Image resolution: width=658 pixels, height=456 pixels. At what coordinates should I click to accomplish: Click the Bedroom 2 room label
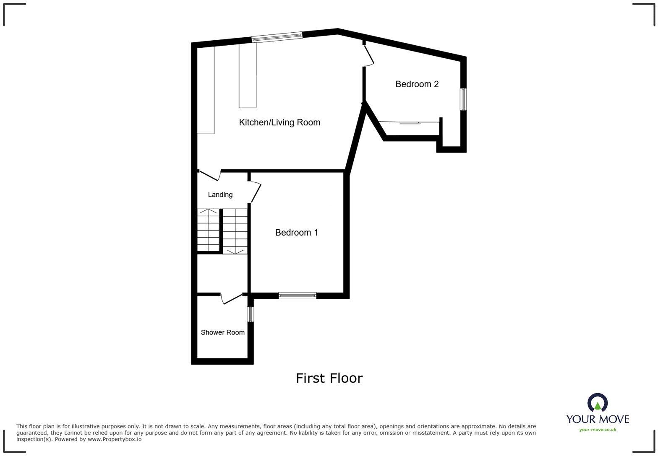(417, 84)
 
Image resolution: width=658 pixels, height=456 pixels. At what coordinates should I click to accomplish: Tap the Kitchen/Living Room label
(279, 122)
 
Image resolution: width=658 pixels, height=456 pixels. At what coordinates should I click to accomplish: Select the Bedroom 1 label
(296, 233)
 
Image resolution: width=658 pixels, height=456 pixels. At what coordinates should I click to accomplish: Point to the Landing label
(220, 194)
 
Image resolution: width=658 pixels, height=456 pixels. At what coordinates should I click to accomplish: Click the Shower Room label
(222, 332)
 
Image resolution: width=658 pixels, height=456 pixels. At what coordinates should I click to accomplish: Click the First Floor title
(329, 378)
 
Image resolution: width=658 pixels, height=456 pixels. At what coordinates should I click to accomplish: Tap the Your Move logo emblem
(597, 403)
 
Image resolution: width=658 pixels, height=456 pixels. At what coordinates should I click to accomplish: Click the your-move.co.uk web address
(598, 430)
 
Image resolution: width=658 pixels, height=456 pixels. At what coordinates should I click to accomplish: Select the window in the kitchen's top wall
(277, 37)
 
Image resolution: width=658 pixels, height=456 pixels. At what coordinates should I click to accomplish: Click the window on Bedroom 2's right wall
(463, 99)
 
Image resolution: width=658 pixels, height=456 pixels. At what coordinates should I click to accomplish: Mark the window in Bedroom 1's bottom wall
(297, 295)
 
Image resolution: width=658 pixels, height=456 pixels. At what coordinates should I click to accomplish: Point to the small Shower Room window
(250, 314)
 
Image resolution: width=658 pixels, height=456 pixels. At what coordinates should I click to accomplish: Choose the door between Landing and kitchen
(209, 176)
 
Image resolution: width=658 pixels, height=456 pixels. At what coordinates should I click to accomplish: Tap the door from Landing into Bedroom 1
(256, 192)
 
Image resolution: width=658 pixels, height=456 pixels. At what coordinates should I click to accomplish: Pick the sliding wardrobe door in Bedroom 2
(409, 123)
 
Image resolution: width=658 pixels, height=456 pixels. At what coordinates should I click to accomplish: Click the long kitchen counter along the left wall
(206, 90)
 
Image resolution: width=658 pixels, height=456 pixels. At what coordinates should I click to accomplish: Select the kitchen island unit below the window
(248, 75)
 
